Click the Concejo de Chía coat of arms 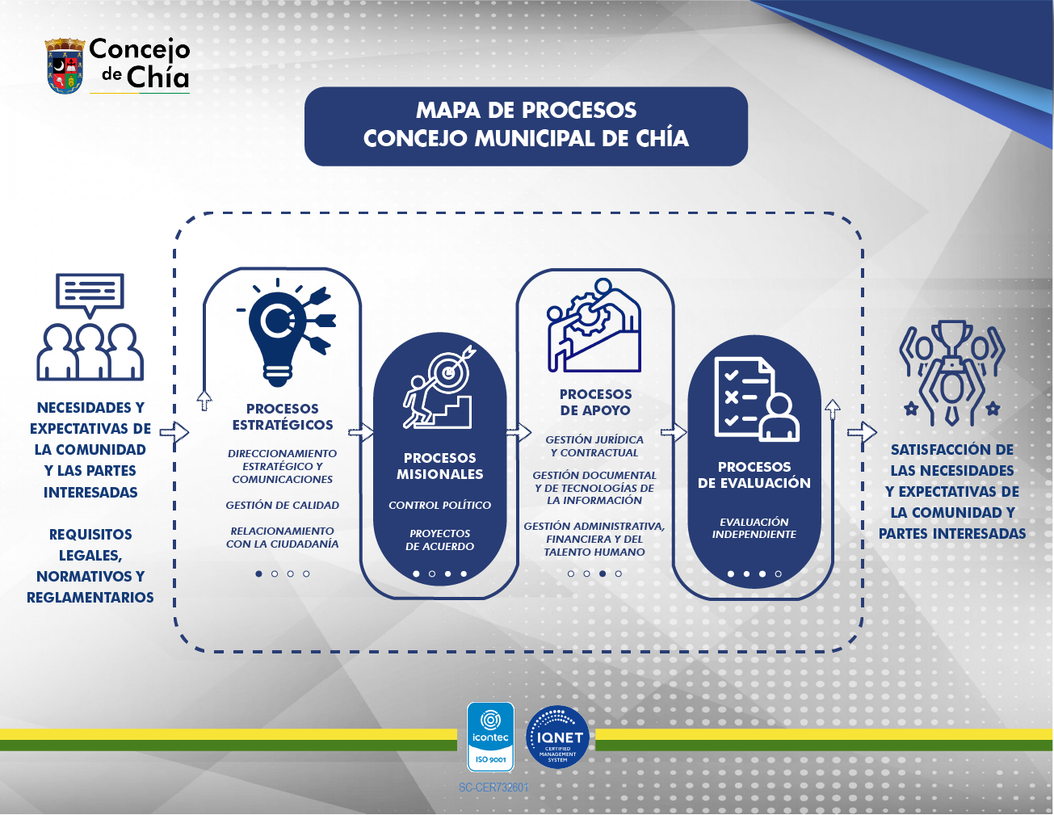(65, 66)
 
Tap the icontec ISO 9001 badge (490, 737)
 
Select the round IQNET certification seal (557, 737)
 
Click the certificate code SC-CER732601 (493, 788)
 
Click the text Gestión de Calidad (283, 505)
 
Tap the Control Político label (439, 505)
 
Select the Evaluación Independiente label (754, 527)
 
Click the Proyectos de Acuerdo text (439, 540)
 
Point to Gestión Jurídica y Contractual (594, 446)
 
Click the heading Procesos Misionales (439, 466)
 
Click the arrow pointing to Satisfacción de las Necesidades (862, 432)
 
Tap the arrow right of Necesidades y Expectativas (174, 432)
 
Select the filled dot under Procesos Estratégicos (258, 574)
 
